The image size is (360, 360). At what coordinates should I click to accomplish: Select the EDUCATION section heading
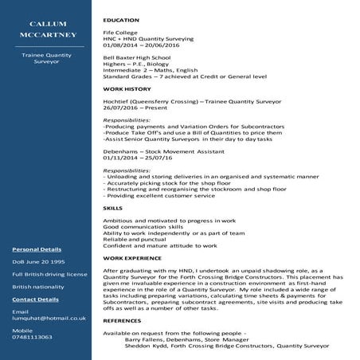pos(121,19)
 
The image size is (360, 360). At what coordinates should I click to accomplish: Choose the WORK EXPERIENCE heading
pos(131,258)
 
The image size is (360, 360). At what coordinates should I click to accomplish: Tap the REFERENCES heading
pos(123,320)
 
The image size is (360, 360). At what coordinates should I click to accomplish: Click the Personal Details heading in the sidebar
pos(37,248)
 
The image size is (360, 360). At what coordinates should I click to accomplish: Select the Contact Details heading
pos(36,299)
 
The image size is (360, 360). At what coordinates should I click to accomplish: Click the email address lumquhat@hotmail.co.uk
pos(49,318)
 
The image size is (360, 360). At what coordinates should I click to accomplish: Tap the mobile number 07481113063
pos(33,336)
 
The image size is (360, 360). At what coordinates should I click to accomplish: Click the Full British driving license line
pos(49,274)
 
